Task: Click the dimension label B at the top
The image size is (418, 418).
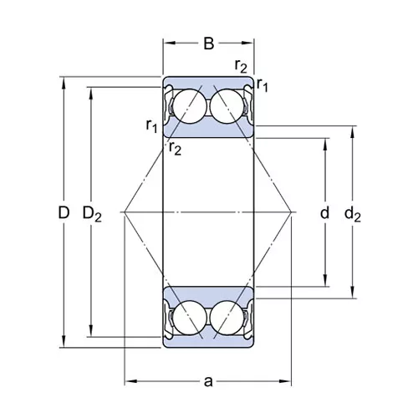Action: coord(209,43)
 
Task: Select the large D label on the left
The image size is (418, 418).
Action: coord(64,212)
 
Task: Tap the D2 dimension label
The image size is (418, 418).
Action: coord(92,214)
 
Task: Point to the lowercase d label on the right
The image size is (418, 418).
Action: coord(324,212)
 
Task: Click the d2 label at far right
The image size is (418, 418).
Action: coord(353,214)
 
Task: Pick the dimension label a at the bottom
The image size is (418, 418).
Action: coord(208,382)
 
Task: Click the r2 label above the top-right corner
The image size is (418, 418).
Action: coord(241,66)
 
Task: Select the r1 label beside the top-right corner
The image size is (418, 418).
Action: coord(262,85)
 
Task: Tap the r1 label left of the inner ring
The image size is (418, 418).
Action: coord(152,126)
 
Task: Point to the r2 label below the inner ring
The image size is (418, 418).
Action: coord(175,148)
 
